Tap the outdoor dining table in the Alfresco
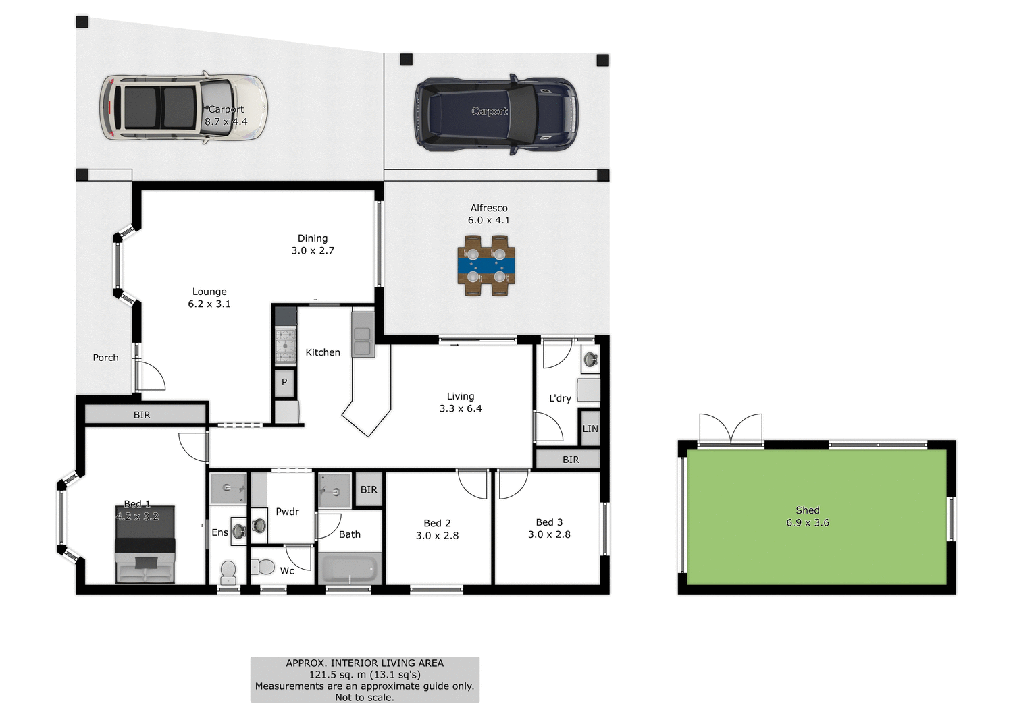coord(486,265)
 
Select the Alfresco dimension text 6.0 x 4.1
coord(489,221)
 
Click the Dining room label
coord(313,238)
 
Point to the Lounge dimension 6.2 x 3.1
coord(209,304)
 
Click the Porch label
coord(105,358)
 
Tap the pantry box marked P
coord(284,382)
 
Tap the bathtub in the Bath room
coord(350,569)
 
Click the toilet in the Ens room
coord(228,572)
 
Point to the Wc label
coord(287,571)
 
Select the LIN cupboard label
coord(590,429)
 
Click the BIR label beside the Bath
coord(369,490)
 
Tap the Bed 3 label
coord(549,522)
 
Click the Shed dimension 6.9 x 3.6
coord(808,523)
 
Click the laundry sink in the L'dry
coord(590,359)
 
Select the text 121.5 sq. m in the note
coord(338,675)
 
